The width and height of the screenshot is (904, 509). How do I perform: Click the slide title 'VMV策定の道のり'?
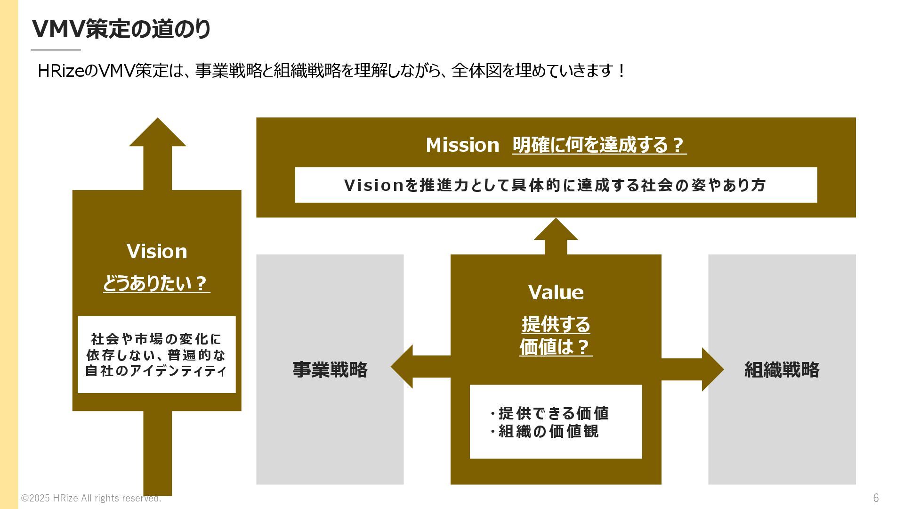coord(121,29)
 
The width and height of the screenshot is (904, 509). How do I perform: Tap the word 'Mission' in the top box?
coord(462,145)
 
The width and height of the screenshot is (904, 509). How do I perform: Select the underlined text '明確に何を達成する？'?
coord(599,145)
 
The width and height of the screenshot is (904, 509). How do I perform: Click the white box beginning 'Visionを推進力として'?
coord(556,185)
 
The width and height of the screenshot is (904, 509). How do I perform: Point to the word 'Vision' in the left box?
coord(157,251)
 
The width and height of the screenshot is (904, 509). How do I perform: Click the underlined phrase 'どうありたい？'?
coord(156,283)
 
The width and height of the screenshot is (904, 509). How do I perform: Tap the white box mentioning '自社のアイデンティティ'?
coord(157,355)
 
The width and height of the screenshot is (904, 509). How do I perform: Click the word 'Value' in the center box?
coord(556,292)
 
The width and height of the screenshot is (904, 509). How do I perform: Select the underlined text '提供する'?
coord(556,324)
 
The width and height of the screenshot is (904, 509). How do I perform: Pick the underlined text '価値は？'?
coord(556,347)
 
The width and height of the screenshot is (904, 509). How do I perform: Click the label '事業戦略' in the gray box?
coord(330,369)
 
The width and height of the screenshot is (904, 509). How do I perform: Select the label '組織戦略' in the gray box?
coord(782,369)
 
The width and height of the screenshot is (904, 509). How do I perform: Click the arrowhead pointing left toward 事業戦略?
coord(403,367)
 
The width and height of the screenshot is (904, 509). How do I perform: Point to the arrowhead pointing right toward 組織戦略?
coord(712,369)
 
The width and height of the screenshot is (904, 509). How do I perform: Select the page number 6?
coord(876,498)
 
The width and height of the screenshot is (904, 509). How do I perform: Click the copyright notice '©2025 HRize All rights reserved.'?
coord(91,498)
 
